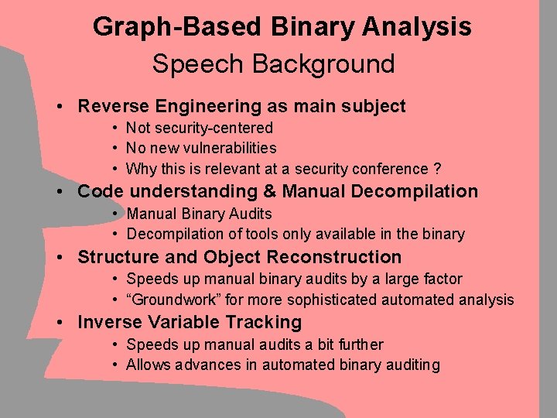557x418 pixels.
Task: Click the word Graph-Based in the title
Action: pos(177,28)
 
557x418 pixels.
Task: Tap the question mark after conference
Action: pos(437,169)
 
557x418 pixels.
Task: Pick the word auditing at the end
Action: pos(413,365)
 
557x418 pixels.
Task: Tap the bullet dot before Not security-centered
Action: pos(114,128)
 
